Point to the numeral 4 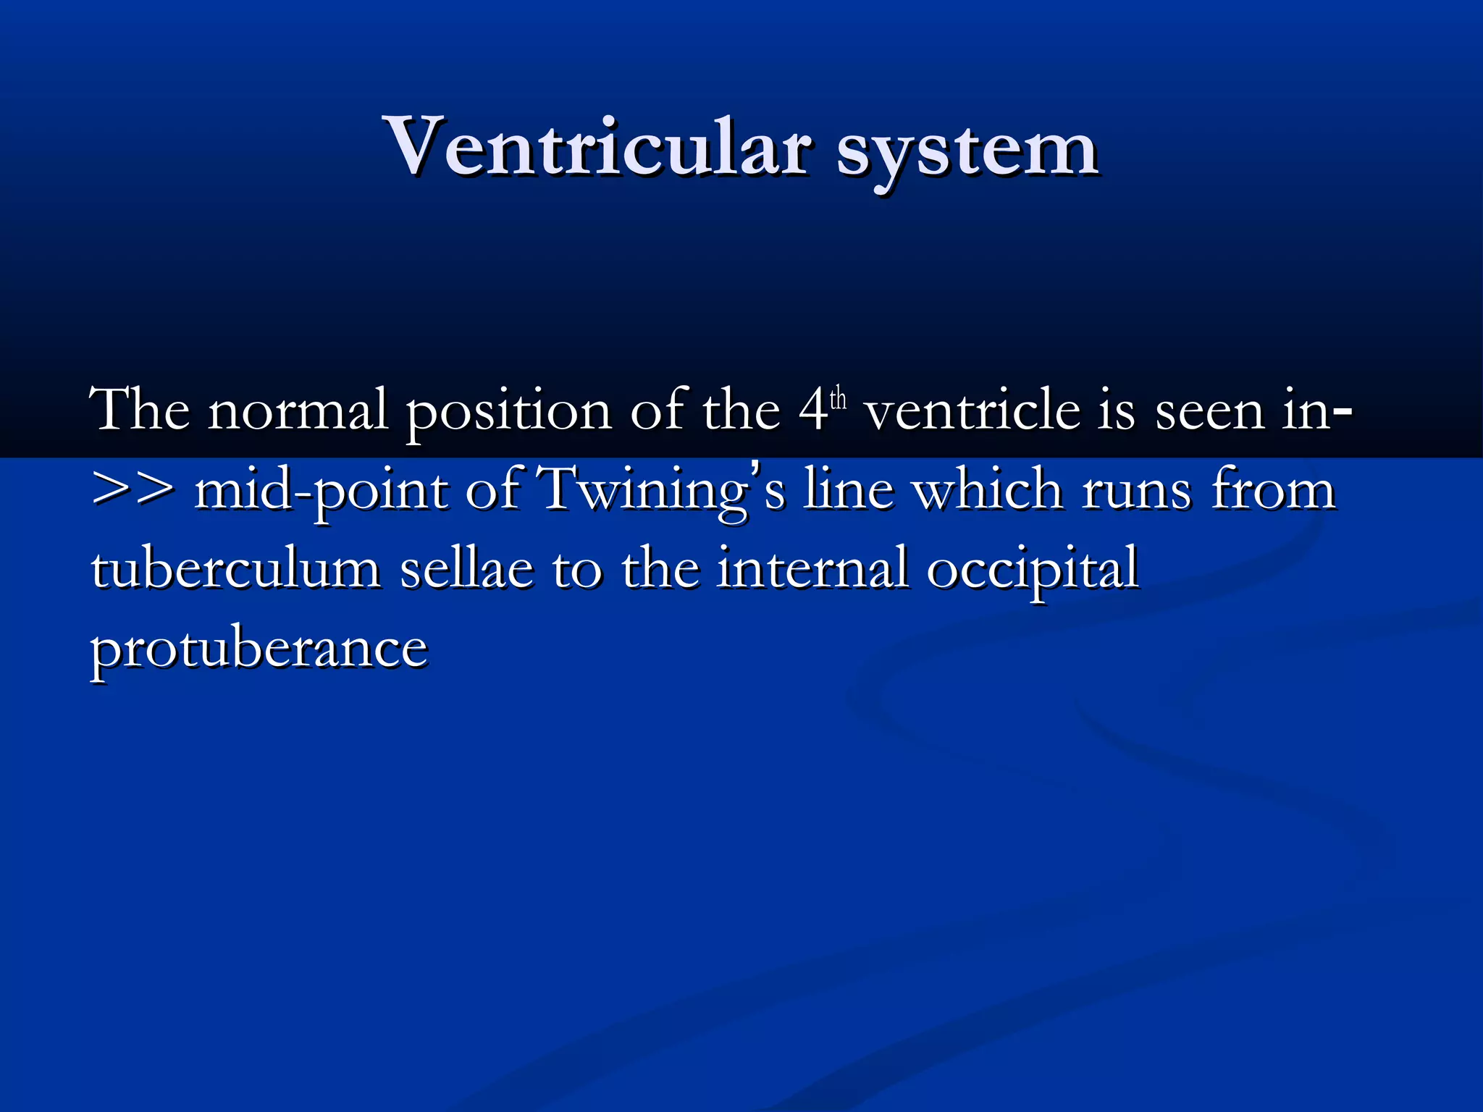point(814,411)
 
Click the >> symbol point(133,489)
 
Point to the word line point(848,489)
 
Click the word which point(988,489)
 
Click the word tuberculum point(236,569)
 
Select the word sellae point(466,569)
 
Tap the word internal point(812,569)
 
